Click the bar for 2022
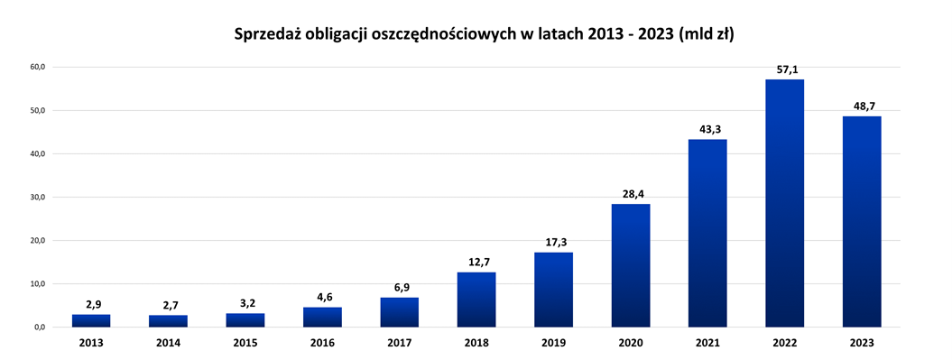pyautogui.click(x=784, y=203)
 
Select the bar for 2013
pyautogui.click(x=91, y=320)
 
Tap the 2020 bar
pyautogui.click(x=631, y=265)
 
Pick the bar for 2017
pyautogui.click(x=400, y=312)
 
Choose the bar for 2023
pyautogui.click(x=862, y=221)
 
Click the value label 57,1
pyautogui.click(x=785, y=69)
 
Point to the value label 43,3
pyautogui.click(x=707, y=129)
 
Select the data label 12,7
pyautogui.click(x=476, y=263)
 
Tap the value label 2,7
pyautogui.click(x=169, y=306)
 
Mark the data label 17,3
pyautogui.click(x=554, y=242)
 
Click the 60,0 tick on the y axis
pyautogui.click(x=38, y=67)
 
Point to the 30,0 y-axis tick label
pyautogui.click(x=38, y=197)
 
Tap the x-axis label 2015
pyautogui.click(x=245, y=343)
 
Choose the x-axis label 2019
pyautogui.click(x=553, y=343)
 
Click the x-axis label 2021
pyautogui.click(x=707, y=343)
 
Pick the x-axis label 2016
pyautogui.click(x=322, y=343)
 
